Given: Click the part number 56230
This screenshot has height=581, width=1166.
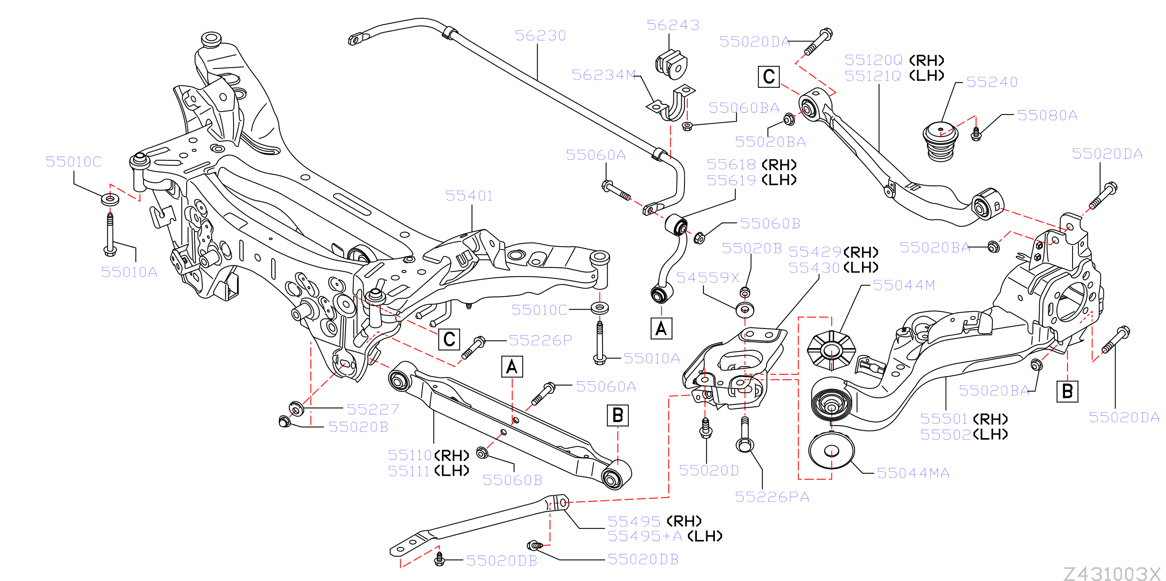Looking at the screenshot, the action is [540, 35].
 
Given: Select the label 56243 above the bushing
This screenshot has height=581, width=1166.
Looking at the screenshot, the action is [673, 25].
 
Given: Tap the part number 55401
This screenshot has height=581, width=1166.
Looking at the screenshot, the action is [469, 196].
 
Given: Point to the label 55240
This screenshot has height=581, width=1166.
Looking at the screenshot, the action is [992, 82].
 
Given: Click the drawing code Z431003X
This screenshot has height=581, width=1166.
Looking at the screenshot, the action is [1112, 573].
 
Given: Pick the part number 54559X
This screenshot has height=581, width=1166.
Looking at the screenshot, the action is [707, 278].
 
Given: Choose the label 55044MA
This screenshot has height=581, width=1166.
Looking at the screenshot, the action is [913, 473].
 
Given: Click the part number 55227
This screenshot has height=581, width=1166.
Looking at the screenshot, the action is [372, 410].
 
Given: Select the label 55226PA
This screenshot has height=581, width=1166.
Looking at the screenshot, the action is [772, 497].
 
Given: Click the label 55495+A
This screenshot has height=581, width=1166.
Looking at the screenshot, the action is [644, 536].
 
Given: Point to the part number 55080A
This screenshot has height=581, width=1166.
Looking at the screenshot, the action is [1047, 115].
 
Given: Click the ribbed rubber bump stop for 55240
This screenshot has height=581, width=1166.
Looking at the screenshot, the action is [941, 142].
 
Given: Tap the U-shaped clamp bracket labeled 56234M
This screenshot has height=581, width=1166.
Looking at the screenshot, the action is [671, 104].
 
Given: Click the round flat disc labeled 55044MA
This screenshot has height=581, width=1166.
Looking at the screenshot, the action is [831, 451].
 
